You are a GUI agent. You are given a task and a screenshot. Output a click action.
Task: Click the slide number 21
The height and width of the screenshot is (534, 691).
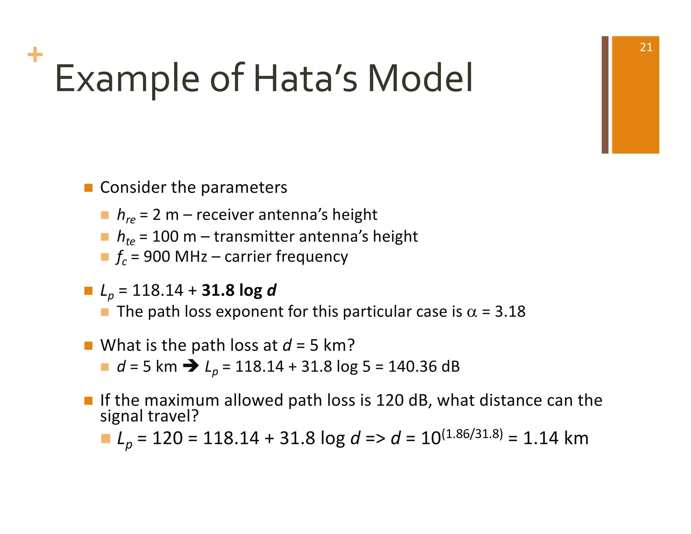[646, 47]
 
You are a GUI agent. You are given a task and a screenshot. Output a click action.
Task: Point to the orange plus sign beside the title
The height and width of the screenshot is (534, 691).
[35, 55]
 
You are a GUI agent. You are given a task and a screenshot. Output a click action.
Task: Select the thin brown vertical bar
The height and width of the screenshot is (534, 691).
[605, 95]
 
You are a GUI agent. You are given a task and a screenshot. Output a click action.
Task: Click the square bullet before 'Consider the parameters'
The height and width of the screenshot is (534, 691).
[88, 188]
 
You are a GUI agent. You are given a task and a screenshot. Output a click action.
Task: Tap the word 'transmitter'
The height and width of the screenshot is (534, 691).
[254, 236]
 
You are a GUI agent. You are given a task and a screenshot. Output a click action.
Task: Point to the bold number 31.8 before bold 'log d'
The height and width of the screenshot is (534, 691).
[217, 290]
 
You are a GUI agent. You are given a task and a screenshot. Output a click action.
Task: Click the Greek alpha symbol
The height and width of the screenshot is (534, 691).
[472, 312]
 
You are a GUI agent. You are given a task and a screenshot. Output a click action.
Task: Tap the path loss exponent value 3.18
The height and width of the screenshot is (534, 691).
[510, 311]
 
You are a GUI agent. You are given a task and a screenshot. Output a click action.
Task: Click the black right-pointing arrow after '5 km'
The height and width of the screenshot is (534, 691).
[191, 366]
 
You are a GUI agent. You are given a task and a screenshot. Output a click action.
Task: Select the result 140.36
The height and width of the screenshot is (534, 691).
[407, 367]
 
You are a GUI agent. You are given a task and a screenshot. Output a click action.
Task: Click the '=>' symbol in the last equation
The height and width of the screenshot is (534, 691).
[375, 438]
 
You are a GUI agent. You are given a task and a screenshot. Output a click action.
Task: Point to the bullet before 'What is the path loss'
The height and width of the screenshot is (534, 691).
[88, 346]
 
